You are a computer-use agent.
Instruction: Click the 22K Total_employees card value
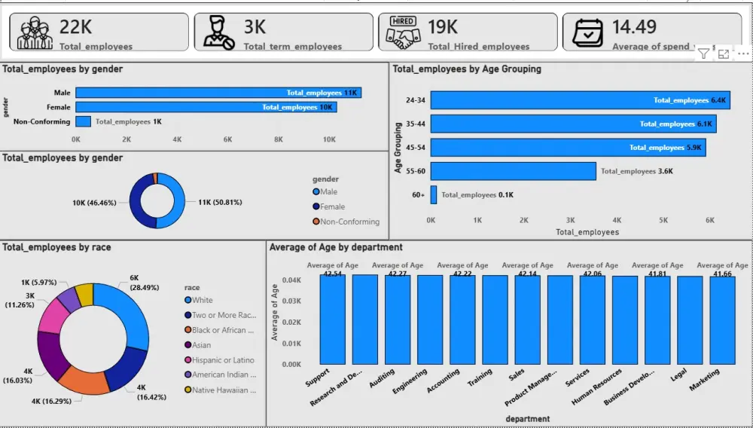click(x=76, y=27)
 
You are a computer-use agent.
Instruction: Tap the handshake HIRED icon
click(x=401, y=32)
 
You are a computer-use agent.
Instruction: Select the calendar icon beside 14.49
click(x=587, y=32)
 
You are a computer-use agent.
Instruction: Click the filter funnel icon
click(x=703, y=53)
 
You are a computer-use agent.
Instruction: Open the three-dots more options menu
click(x=742, y=53)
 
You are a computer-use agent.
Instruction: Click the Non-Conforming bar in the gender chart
click(x=83, y=121)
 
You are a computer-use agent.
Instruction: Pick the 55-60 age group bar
click(x=513, y=171)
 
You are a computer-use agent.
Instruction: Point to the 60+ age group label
click(x=419, y=195)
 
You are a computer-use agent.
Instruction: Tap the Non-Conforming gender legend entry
click(x=349, y=222)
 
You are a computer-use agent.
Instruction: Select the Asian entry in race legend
click(x=202, y=345)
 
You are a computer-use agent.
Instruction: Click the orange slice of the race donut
click(x=83, y=381)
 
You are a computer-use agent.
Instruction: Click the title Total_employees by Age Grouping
click(x=467, y=69)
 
